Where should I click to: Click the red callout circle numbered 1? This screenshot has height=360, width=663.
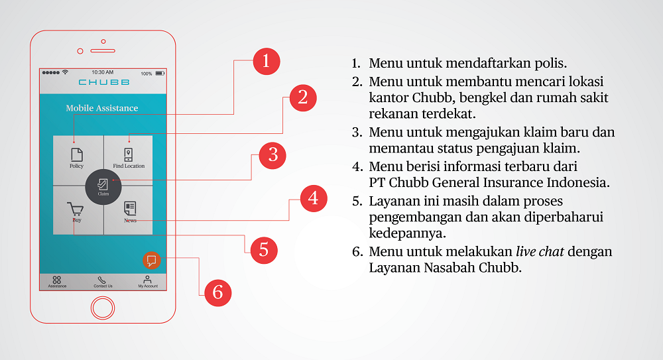coord(266,62)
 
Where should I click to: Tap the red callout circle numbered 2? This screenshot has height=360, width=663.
coord(302,98)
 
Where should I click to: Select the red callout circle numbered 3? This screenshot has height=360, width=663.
coord(272,156)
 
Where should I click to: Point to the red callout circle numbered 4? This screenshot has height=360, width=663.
coord(314,198)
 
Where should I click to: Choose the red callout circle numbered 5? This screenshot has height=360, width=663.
coord(263,250)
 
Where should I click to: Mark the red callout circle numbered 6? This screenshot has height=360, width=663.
coord(217,292)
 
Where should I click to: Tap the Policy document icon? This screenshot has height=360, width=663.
coord(77,155)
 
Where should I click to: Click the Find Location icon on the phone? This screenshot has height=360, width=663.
coord(129,155)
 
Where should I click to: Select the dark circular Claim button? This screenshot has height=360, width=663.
coord(103,186)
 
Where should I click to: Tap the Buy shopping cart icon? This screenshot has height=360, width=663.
coord(77,210)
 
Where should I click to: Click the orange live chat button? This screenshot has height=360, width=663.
coord(152,260)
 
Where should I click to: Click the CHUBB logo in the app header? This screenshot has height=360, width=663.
coord(104,82)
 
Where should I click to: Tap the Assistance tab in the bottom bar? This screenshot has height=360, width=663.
coord(57,281)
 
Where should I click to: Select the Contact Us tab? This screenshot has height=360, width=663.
coord(103,281)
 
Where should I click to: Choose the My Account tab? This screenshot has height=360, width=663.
coord(148,281)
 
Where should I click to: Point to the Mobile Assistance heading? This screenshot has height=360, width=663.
coord(102,108)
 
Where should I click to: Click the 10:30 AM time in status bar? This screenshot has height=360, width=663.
coord(103,72)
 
